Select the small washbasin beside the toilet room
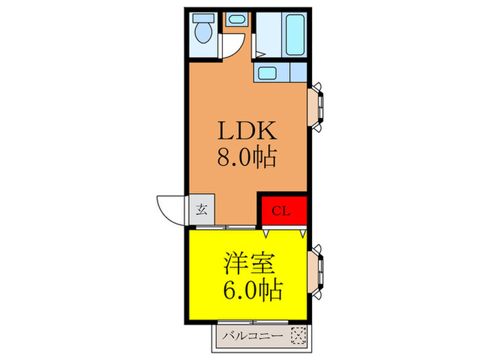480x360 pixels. tap(237, 20)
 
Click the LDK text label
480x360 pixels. tap(246, 131)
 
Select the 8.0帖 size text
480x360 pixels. tap(246, 158)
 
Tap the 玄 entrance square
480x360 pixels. tap(202, 209)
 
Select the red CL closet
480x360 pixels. tap(282, 211)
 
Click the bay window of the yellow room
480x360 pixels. tap(317, 271)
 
